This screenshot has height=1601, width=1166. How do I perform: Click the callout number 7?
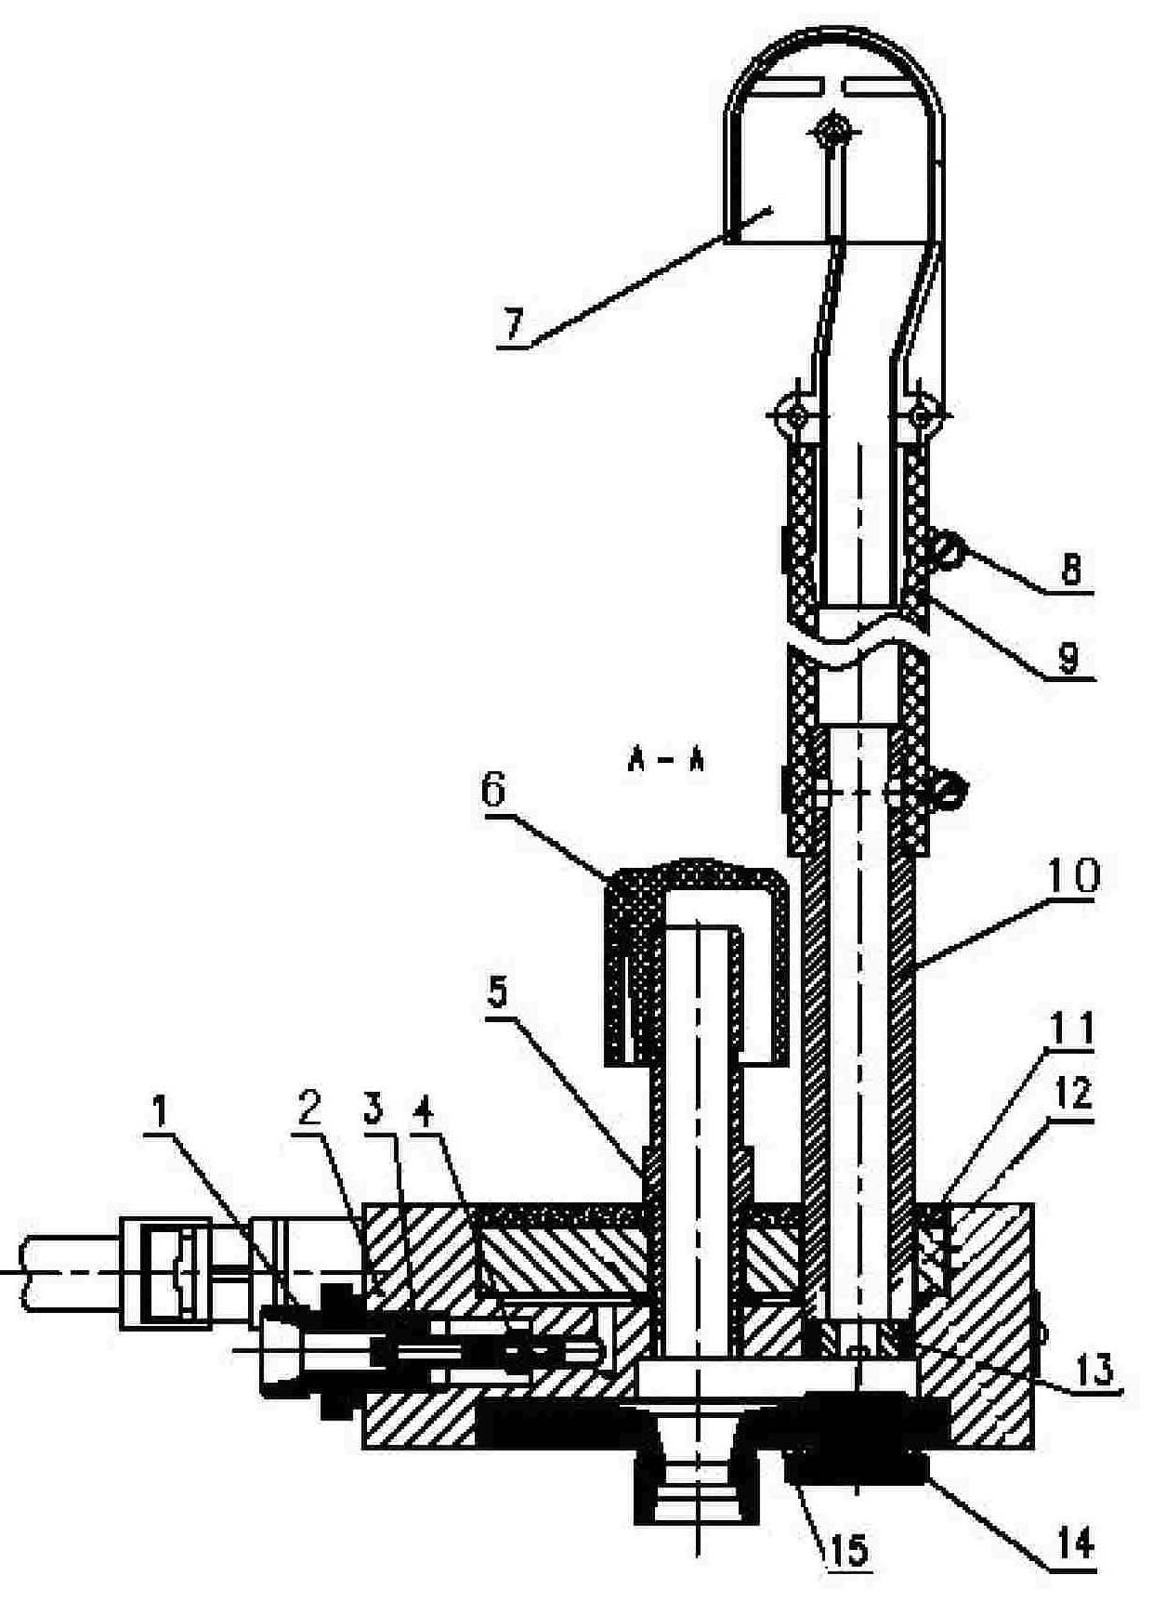point(514,326)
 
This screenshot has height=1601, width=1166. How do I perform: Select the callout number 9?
point(1068,658)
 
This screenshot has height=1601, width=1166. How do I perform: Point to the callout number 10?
point(1074,876)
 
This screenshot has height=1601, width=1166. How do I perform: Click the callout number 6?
point(493,790)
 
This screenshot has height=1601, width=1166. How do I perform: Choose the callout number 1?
point(161,1112)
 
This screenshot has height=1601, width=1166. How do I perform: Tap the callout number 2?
point(309,1109)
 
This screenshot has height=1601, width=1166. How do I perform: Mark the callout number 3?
point(373,1109)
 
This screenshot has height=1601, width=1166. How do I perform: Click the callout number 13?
point(1096,1371)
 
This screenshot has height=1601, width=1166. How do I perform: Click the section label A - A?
point(665,762)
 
